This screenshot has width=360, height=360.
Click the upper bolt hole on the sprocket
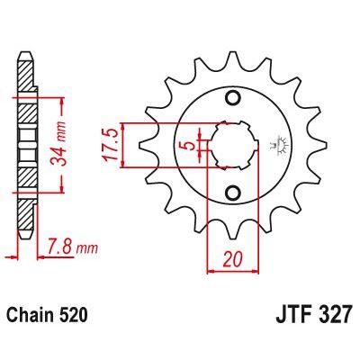click(x=233, y=97)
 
